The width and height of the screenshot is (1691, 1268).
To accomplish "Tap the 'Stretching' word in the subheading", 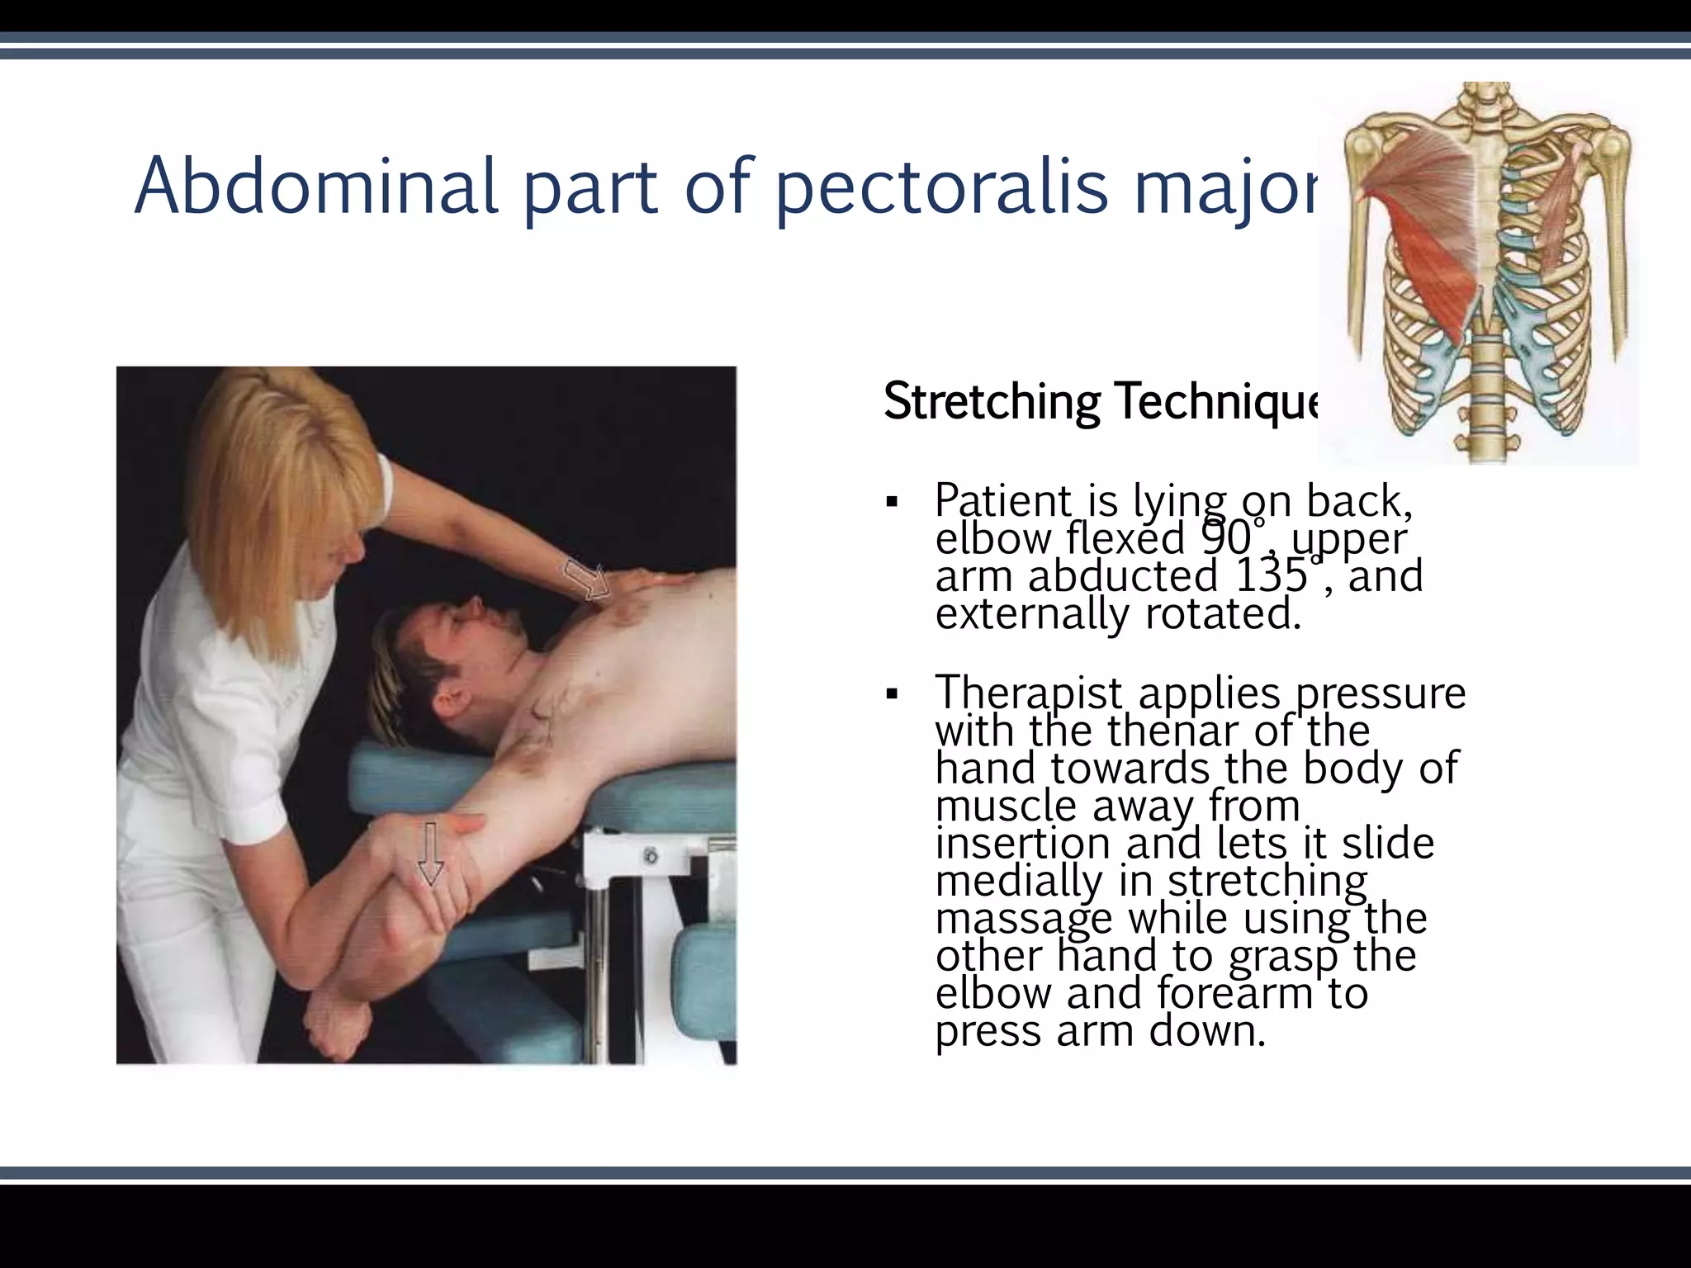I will click(x=991, y=402).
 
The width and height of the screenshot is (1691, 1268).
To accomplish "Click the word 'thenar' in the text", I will click(x=1172, y=730).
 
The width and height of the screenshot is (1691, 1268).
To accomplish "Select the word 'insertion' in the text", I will click(x=1024, y=843).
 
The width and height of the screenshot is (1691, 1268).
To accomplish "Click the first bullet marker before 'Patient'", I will click(x=891, y=502).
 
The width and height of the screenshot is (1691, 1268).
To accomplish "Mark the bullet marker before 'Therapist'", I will click(x=891, y=693).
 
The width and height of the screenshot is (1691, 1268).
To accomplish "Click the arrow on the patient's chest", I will click(x=587, y=579).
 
